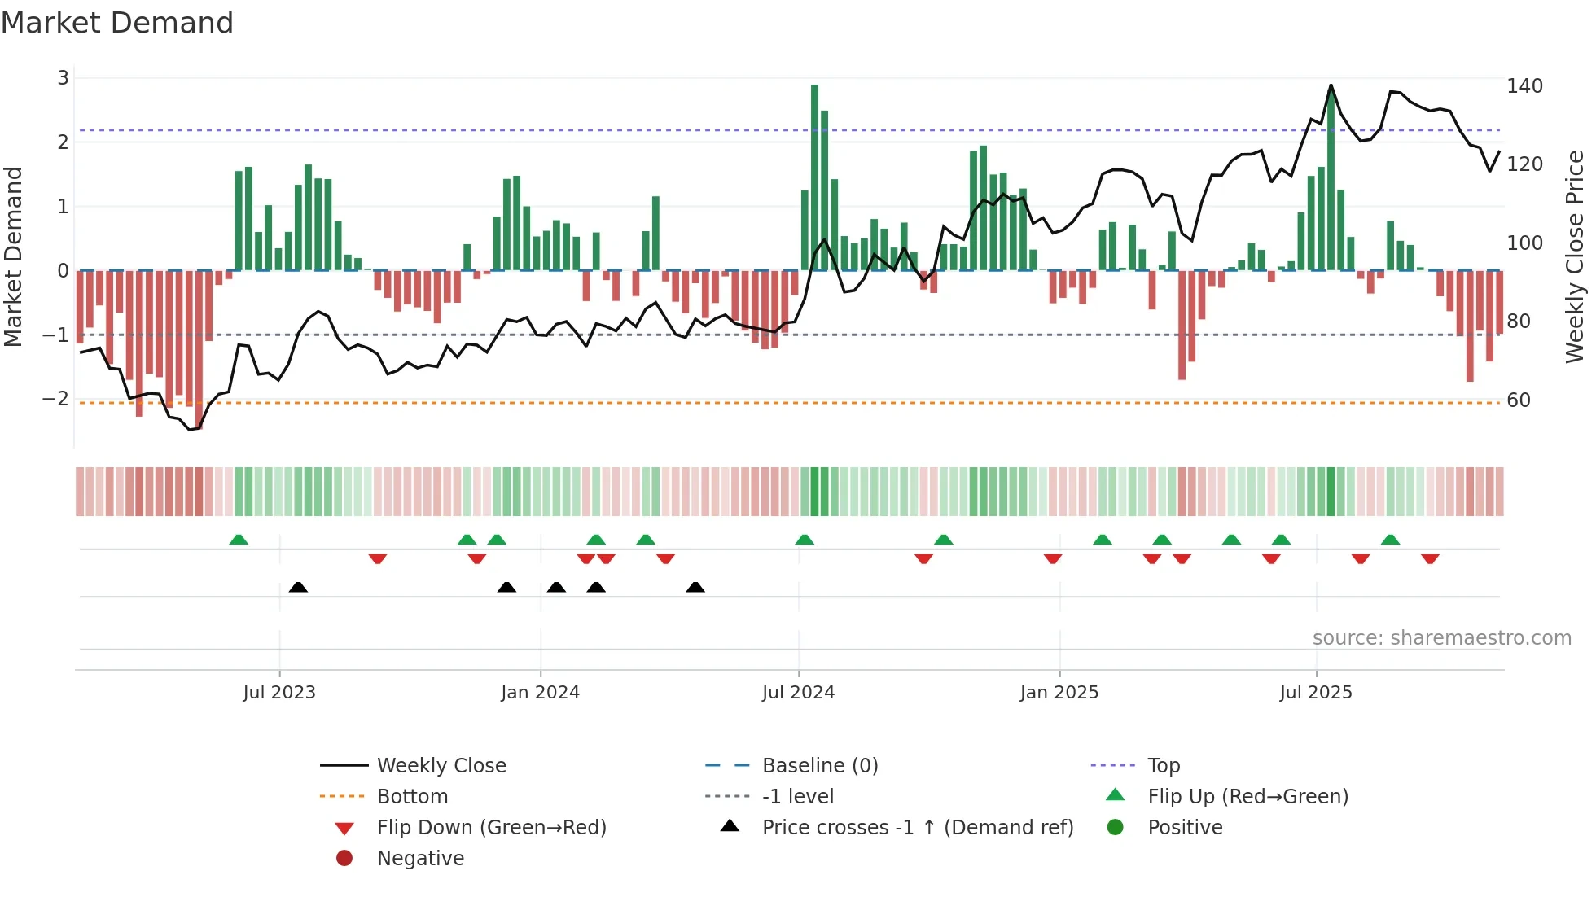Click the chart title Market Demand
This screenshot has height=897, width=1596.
coord(117,23)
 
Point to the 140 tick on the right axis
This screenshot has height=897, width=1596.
coord(1524,86)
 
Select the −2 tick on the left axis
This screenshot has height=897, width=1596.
coord(55,399)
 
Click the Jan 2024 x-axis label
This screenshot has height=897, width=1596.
coord(540,693)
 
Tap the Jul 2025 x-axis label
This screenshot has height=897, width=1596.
coord(1315,693)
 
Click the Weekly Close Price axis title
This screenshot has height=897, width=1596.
coord(1575,256)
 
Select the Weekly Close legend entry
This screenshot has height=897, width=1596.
coord(441,766)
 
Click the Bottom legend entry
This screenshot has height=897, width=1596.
coord(412,797)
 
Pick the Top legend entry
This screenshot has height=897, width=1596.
coord(1163,766)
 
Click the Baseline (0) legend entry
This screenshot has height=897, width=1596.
coord(819,766)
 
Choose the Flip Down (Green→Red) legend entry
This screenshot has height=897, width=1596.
coord(491,828)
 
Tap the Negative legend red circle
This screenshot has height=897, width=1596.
coord(344,859)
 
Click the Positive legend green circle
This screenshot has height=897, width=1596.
coord(1116,828)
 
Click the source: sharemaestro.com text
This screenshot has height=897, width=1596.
coord(1441,638)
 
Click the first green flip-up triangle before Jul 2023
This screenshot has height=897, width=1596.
coord(239,540)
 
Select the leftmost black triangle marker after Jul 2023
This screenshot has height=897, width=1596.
coord(298,587)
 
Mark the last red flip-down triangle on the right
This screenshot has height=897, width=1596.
coord(1430,558)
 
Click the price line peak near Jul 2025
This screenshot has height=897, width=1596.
coord(1331,85)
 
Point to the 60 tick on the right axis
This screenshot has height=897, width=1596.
coord(1519,400)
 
